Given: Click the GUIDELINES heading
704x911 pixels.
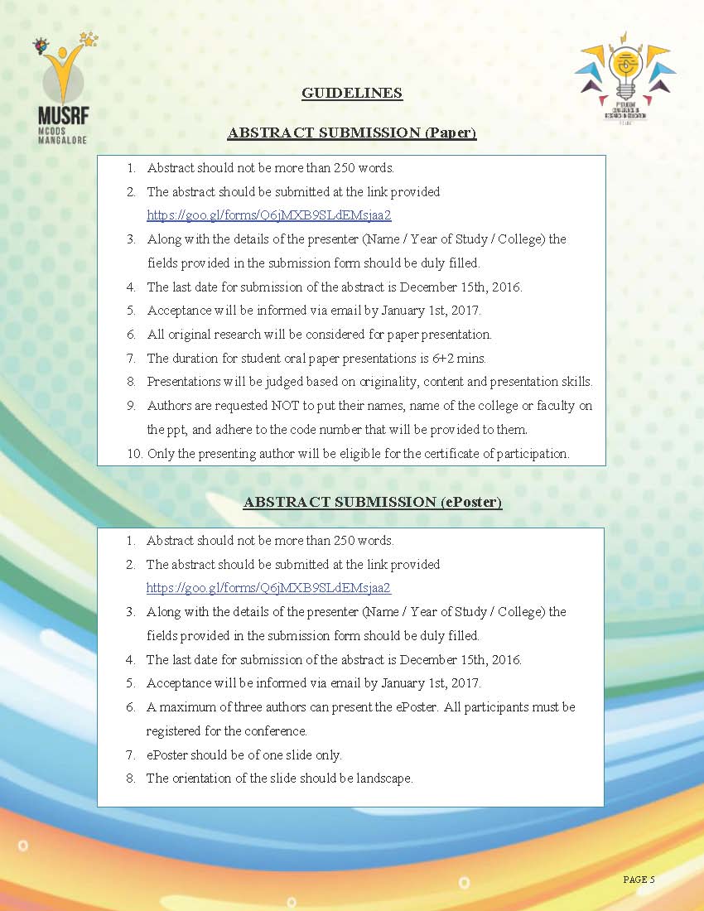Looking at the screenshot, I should (352, 93).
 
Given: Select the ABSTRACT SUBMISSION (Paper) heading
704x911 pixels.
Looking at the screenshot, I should (352, 133).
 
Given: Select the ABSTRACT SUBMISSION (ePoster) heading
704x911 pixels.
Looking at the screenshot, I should (373, 503).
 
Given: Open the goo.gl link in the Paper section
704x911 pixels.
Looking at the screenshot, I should (268, 215).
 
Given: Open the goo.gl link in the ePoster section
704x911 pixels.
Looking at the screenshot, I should (268, 588).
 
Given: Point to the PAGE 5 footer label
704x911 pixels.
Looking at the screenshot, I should (639, 880).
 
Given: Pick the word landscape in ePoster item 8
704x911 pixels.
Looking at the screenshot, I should (384, 778).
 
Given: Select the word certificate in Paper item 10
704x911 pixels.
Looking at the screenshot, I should (451, 454).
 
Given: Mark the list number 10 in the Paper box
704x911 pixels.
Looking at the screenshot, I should (133, 454).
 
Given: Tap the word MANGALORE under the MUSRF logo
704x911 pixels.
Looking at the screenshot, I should (62, 140).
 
